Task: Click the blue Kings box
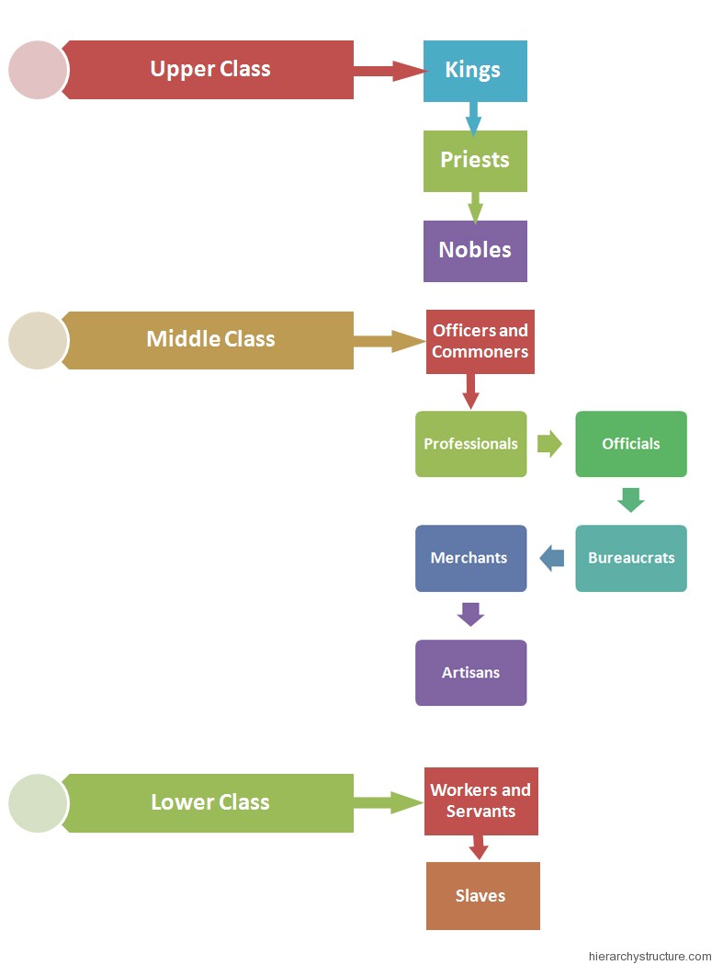[475, 71]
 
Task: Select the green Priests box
[475, 161]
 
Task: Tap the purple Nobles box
[475, 251]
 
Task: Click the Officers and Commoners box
[480, 342]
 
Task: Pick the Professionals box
[470, 444]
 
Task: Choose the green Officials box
[630, 444]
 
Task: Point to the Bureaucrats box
[630, 558]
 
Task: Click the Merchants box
[470, 558]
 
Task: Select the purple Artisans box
[470, 673]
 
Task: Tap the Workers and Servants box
[480, 801]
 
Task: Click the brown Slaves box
[482, 896]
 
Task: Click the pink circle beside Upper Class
[39, 70]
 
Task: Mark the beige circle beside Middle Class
[39, 340]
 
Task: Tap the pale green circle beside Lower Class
[39, 803]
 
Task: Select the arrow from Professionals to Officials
[549, 444]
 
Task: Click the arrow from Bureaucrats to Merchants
[552, 558]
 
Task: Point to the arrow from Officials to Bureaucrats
[630, 500]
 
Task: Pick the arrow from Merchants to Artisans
[470, 614]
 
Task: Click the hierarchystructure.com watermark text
[650, 956]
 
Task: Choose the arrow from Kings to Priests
[474, 118]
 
